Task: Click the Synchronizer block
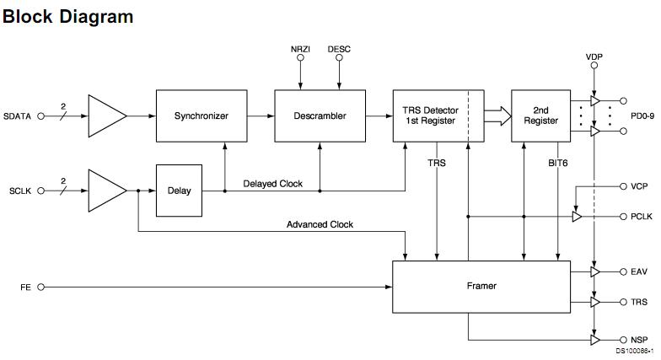(x=201, y=116)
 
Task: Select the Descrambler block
(x=319, y=116)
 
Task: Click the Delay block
(x=179, y=191)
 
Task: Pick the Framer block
(x=481, y=286)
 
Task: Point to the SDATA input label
(x=18, y=116)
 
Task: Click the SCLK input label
(x=18, y=191)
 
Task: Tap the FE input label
(x=25, y=287)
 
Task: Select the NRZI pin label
(x=301, y=49)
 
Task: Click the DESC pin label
(x=339, y=49)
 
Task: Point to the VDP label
(x=595, y=56)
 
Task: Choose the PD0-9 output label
(x=642, y=116)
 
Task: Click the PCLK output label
(x=642, y=217)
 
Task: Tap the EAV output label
(x=639, y=271)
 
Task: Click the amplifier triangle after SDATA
(x=106, y=116)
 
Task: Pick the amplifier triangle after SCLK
(x=106, y=191)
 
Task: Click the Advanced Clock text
(x=320, y=224)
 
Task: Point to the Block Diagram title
(x=67, y=15)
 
